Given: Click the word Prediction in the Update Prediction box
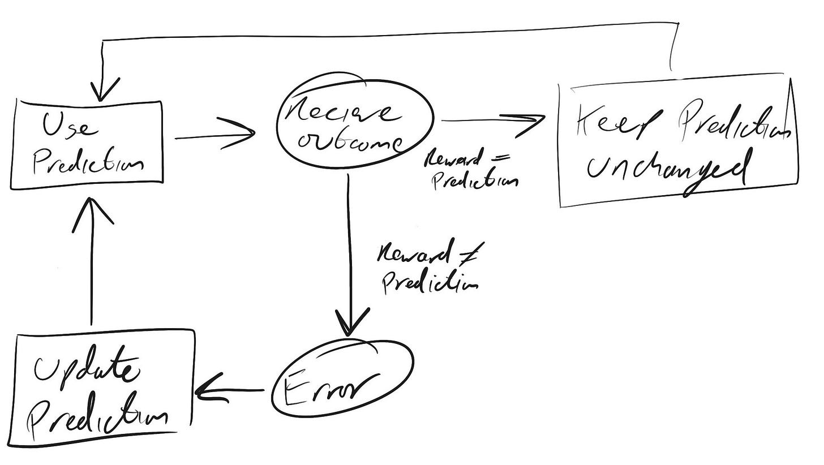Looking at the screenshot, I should [x=100, y=419].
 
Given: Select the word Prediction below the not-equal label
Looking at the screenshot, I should [x=430, y=281].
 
